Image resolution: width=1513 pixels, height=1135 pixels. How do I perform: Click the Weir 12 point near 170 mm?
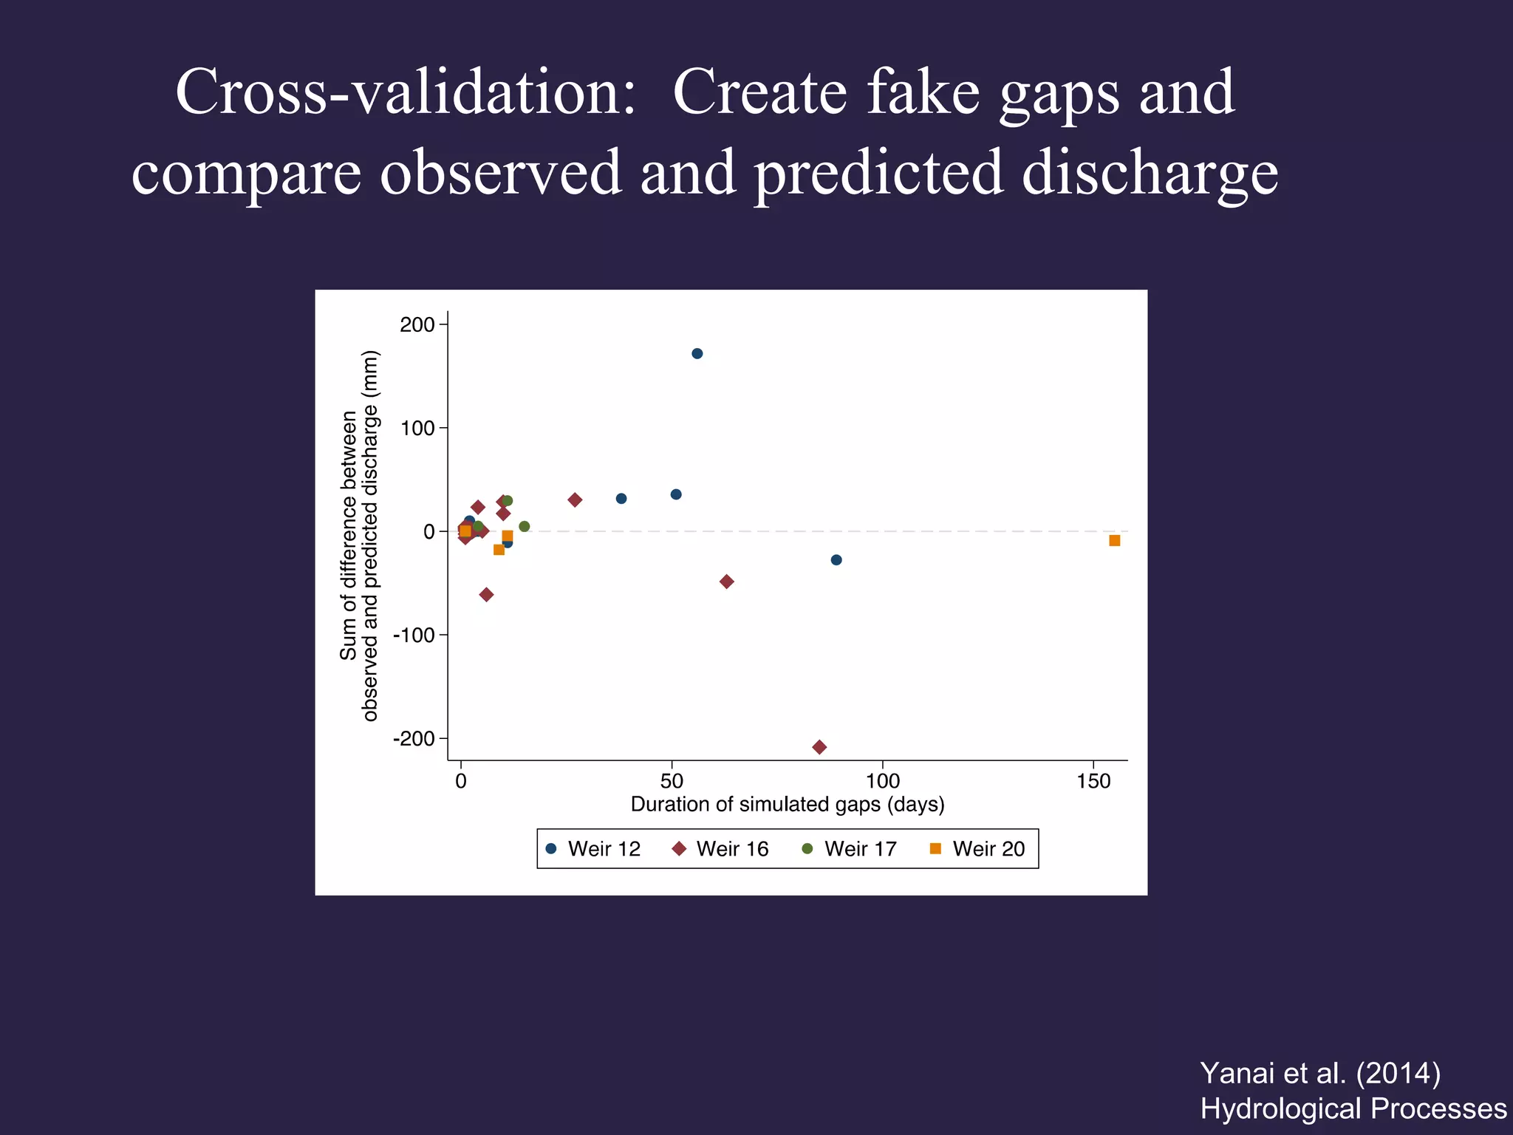point(697,353)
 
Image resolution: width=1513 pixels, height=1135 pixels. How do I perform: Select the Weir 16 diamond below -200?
point(819,747)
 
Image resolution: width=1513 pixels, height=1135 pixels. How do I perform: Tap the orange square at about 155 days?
point(1114,541)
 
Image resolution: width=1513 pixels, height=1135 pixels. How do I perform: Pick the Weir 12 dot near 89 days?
point(836,559)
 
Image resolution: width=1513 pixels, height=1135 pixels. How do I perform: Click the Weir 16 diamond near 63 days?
point(726,582)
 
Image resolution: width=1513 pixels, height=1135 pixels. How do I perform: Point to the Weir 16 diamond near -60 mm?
point(486,595)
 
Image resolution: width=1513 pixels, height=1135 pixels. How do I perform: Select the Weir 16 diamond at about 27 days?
point(575,500)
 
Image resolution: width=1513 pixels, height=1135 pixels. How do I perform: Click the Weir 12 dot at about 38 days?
point(621,499)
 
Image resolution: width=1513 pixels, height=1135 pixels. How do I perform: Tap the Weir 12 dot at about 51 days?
point(676,494)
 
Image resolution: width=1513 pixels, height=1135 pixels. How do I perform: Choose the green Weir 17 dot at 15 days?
point(525,527)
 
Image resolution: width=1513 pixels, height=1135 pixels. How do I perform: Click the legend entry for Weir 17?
point(850,849)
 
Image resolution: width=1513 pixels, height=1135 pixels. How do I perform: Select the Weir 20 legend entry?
point(977,849)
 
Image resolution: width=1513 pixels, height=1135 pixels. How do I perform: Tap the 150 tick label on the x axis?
point(1093,781)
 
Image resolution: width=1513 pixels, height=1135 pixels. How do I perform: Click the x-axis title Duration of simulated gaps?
point(788,804)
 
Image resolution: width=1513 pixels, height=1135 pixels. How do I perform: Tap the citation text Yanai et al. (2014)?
point(1319,1073)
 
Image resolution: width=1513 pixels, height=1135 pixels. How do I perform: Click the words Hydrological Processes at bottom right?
point(1353,1108)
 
